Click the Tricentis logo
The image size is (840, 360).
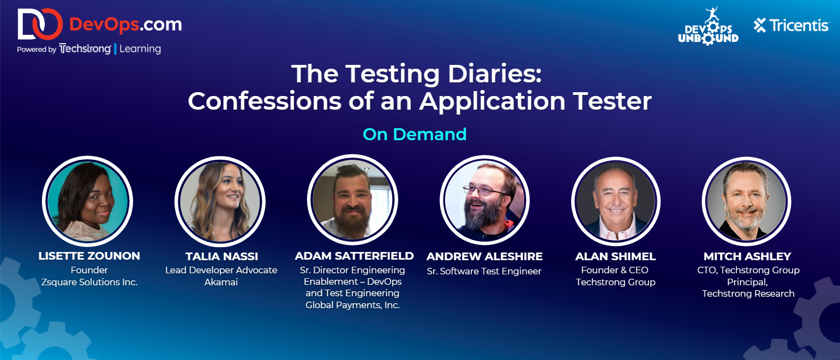(791, 26)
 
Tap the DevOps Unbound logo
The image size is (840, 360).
(708, 26)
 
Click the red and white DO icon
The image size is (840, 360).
(40, 24)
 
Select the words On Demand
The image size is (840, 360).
(415, 134)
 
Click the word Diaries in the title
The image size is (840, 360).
(495, 74)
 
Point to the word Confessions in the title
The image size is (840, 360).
(265, 101)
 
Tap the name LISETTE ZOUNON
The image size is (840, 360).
(89, 256)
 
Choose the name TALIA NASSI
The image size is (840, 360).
(221, 256)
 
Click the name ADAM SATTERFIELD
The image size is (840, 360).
(354, 256)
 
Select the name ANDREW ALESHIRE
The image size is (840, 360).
(484, 256)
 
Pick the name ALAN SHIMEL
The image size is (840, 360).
(615, 256)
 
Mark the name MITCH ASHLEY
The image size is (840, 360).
(747, 256)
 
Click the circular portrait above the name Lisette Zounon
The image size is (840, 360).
(87, 201)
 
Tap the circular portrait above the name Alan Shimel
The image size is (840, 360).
(616, 201)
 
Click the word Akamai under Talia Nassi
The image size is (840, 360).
(221, 282)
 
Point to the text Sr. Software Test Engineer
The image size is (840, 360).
(484, 271)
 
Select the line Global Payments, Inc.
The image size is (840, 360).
(352, 305)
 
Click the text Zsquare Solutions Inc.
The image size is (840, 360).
(89, 282)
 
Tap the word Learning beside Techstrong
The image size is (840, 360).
(140, 49)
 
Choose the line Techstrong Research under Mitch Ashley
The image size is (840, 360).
(748, 293)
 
